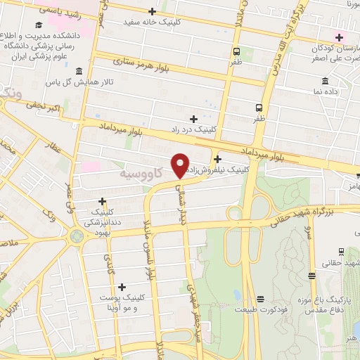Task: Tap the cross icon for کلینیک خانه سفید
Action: click(x=153, y=11)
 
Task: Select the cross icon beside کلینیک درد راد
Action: click(x=193, y=119)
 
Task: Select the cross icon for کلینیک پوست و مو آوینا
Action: click(x=122, y=287)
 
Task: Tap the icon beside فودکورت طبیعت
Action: click(x=260, y=298)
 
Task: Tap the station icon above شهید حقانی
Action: click(x=341, y=251)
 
